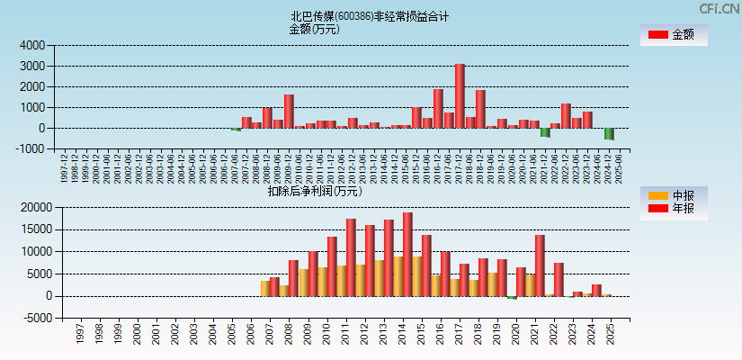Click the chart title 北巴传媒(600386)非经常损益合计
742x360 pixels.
pos(370,16)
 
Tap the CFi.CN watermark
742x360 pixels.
pos(719,8)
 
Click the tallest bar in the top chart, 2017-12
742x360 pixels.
pos(460,96)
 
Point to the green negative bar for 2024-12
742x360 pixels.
pos(609,133)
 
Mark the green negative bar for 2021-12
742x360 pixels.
pos(545,132)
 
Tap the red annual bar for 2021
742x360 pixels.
pos(540,265)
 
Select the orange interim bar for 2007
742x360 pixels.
pos(265,288)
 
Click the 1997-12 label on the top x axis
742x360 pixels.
pos(64,167)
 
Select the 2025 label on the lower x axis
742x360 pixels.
pos(610,337)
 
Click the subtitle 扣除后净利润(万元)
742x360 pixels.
pos(315,191)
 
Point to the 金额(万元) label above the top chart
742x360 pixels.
pos(314,29)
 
